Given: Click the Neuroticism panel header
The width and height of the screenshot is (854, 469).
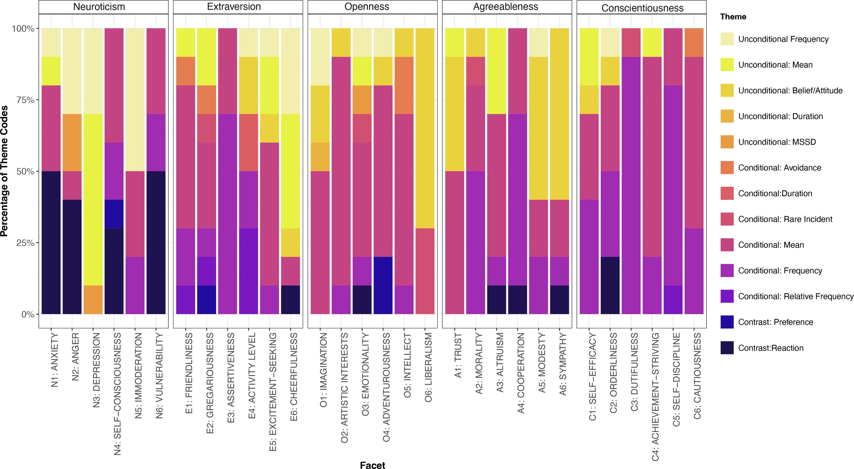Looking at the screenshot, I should click(99, 7).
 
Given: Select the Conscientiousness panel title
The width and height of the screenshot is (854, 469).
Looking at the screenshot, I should click(642, 8).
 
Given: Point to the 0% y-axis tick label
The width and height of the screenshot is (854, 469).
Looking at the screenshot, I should click(28, 314).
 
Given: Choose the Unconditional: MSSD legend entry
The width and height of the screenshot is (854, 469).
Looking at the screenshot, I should click(776, 142).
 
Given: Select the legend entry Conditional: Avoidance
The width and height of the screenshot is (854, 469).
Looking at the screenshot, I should click(779, 168).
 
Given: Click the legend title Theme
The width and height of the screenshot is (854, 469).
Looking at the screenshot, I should click(733, 17).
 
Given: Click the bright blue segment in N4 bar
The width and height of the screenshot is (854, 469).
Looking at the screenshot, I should click(114, 214).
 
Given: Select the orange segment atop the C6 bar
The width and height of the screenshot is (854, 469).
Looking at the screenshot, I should click(694, 42).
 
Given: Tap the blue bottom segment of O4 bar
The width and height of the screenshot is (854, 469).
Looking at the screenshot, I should click(383, 285).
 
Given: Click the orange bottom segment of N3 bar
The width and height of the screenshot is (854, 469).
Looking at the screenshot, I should click(93, 300).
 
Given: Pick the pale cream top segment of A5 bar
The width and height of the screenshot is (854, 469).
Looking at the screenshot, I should click(538, 42).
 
